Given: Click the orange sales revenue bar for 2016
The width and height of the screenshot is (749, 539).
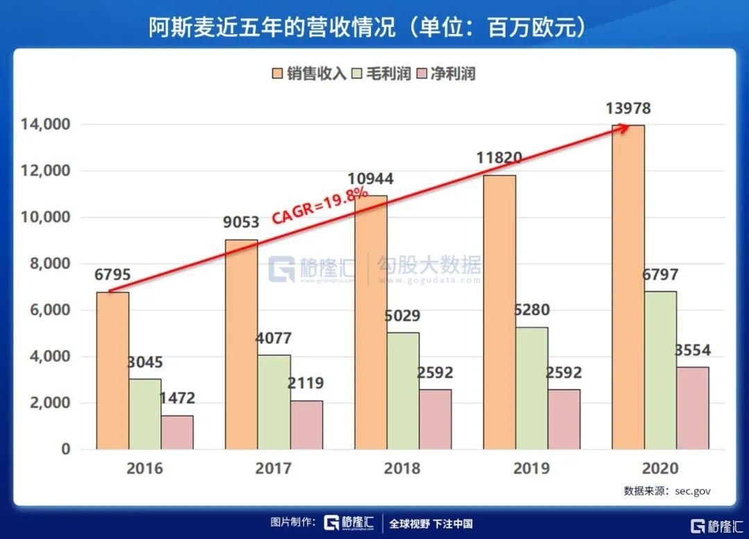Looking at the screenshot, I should (112, 370).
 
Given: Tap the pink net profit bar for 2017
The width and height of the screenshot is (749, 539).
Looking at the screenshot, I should (307, 425).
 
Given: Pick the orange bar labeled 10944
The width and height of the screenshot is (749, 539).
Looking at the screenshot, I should (370, 322).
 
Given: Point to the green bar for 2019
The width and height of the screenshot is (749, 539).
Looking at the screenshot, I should (531, 388).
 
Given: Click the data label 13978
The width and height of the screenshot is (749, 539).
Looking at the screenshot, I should (628, 109).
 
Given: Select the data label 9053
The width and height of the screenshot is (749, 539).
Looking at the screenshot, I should (241, 223).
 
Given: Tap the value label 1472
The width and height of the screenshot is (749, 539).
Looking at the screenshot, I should (177, 399).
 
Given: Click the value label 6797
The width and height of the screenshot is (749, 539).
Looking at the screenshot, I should (660, 275).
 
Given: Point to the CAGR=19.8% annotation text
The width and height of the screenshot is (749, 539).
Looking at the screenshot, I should (319, 205).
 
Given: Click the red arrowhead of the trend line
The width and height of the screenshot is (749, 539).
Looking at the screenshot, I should (624, 127).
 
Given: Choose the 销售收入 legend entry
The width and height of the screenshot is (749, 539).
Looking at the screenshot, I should (309, 74).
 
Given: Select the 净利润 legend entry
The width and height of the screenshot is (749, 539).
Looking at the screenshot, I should (445, 74).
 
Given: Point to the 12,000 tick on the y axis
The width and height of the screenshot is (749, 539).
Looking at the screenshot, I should (46, 171).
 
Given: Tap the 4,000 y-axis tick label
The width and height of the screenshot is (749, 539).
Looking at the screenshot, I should (49, 357).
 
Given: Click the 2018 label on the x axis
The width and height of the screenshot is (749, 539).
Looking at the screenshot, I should (402, 468).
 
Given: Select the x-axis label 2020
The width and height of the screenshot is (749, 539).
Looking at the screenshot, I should (660, 468).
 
